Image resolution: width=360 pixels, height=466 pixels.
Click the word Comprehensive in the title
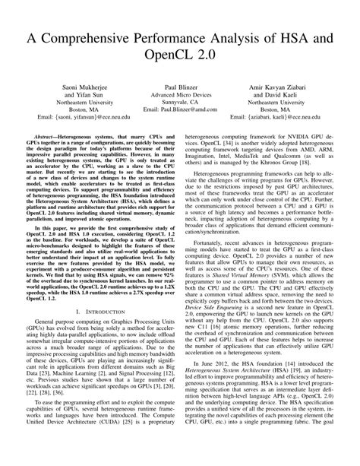tap(99, 37)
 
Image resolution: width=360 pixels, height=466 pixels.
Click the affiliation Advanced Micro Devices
tap(181, 100)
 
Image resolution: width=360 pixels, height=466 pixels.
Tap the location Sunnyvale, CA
tap(181, 108)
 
